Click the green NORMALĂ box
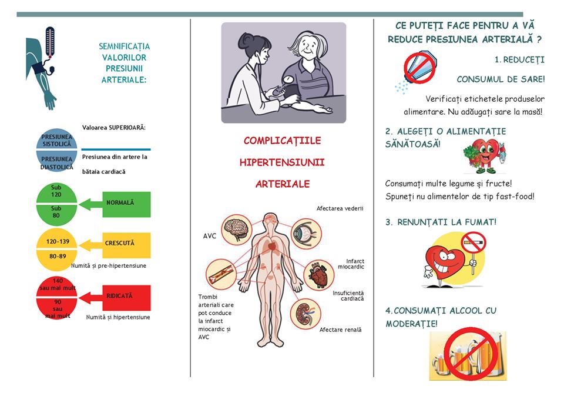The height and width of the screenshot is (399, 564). point(127,204)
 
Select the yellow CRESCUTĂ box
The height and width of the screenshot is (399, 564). point(127,245)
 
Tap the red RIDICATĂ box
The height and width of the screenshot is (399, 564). point(127,298)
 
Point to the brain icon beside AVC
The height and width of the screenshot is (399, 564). point(236,230)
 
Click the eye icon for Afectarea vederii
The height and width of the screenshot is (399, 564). point(305,234)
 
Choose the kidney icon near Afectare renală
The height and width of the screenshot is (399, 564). point(305,314)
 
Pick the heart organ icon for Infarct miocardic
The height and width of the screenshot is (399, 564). point(318,275)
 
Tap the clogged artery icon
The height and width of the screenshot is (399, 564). point(221,274)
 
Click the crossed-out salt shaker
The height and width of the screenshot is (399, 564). point(419,68)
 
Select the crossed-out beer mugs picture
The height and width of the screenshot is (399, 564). point(468,355)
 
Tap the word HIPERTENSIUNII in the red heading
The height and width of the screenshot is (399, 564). point(282,162)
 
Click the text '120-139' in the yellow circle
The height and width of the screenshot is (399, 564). point(58,241)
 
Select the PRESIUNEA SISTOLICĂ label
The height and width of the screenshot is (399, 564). point(57,140)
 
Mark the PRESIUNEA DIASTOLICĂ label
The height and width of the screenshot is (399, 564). point(57,163)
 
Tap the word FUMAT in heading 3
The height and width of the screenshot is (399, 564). point(480,222)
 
